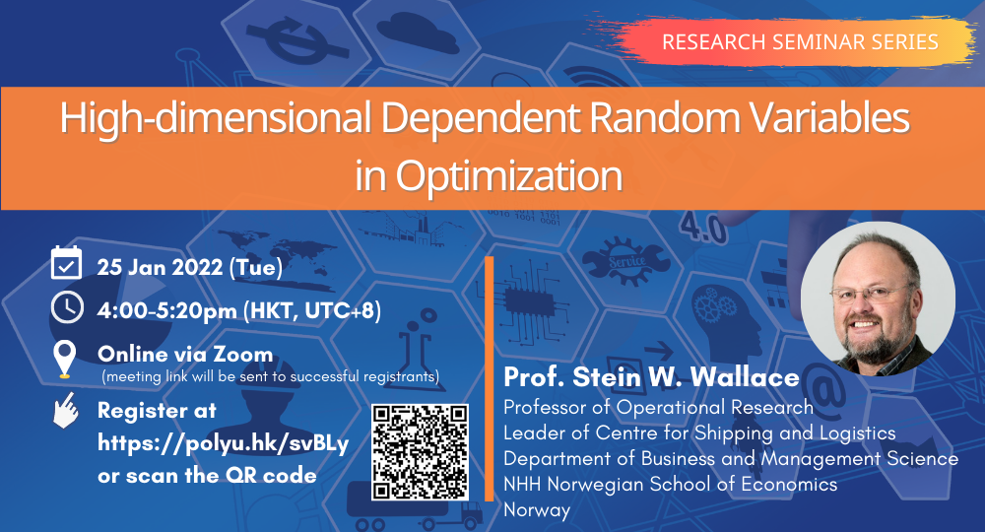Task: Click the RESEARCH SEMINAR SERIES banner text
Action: (800, 42)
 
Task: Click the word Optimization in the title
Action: (509, 175)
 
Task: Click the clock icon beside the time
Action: (67, 307)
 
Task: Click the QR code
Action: (420, 452)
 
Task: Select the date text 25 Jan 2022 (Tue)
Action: (190, 268)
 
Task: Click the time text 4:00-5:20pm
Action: (166, 311)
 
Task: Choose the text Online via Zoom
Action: (185, 355)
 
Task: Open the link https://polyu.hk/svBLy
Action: (223, 444)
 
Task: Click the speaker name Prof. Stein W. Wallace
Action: (651, 377)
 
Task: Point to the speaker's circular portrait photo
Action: (879, 299)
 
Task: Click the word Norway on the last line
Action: (537, 510)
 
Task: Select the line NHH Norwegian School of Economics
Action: (670, 485)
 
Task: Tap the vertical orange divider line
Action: (490, 378)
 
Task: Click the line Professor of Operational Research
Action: (658, 407)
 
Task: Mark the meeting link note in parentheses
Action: (271, 377)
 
